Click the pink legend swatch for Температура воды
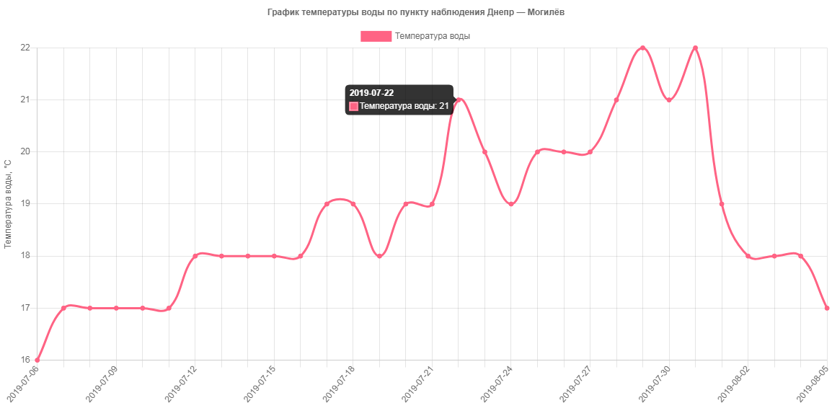(376, 36)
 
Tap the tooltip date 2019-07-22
(371, 93)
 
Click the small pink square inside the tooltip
(353, 106)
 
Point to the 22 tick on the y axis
(25, 48)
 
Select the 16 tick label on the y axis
(25, 360)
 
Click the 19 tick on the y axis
(25, 204)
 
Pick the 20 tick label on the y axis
(25, 151)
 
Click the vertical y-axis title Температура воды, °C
(8, 204)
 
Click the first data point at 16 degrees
(37, 360)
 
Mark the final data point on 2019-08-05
(827, 308)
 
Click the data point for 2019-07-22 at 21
(459, 99)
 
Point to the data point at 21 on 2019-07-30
(669, 99)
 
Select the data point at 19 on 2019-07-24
(511, 204)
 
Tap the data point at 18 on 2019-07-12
(195, 256)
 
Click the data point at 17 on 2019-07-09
(116, 308)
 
